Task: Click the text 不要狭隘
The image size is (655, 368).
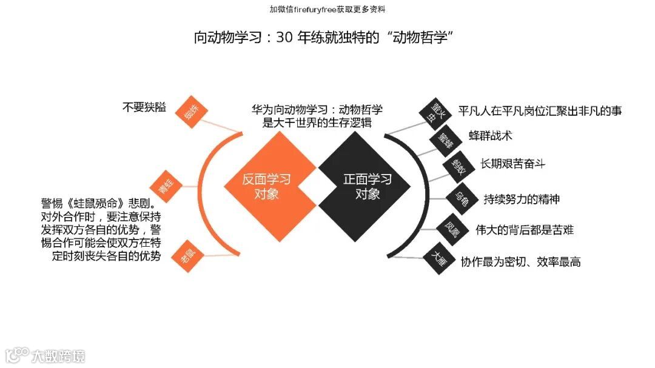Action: click(144, 107)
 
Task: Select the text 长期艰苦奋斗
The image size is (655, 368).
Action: click(512, 164)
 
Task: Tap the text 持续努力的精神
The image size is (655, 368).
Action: click(521, 198)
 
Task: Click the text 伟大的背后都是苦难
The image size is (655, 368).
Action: click(525, 230)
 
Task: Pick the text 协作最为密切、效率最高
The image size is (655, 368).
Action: click(520, 262)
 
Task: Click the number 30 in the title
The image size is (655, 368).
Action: click(284, 38)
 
